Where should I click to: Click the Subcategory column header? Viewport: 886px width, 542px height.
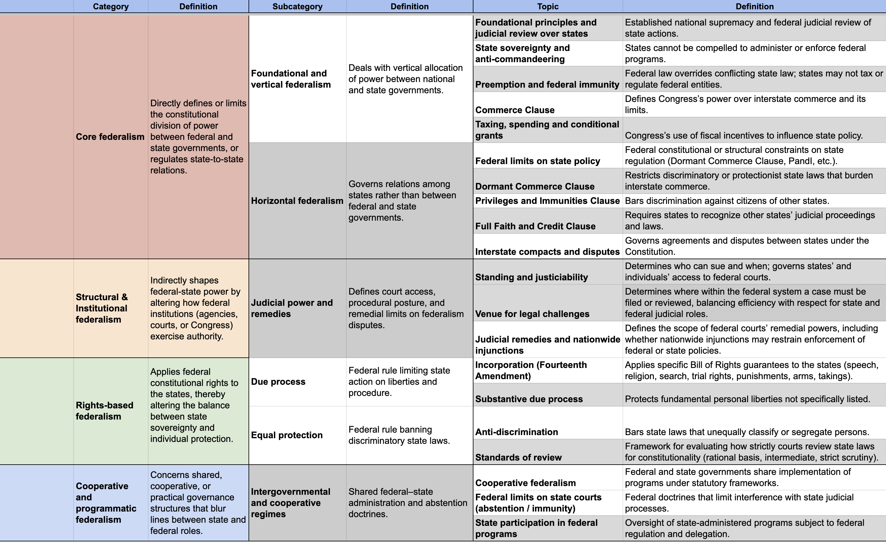tap(297, 7)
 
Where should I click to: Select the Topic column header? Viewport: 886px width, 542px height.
tap(548, 7)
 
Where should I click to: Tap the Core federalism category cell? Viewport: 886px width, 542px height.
tap(110, 137)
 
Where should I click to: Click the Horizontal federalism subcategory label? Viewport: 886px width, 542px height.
tap(297, 201)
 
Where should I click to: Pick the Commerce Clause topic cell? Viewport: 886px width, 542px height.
tap(514, 110)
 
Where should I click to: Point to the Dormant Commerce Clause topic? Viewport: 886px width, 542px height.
tap(535, 186)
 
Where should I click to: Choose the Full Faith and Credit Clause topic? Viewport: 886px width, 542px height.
tap(535, 226)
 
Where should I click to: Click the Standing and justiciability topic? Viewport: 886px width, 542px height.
tap(532, 277)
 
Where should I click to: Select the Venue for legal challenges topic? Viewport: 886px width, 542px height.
tap(532, 314)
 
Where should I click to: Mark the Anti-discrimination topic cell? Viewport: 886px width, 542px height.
tap(516, 432)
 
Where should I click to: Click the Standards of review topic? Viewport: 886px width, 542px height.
tap(518, 457)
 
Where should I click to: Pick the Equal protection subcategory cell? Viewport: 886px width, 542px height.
tap(287, 435)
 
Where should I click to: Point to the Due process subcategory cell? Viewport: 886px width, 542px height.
tap(278, 382)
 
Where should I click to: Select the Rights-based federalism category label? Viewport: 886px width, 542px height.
tap(104, 411)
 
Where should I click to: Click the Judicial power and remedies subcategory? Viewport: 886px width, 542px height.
tap(292, 308)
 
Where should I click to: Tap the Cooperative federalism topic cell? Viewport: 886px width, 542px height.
tap(525, 483)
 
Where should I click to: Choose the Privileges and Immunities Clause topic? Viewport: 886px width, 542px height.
tap(547, 201)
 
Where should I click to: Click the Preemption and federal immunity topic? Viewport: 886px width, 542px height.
tap(547, 85)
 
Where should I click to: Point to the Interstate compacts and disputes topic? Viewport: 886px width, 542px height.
tap(547, 252)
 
